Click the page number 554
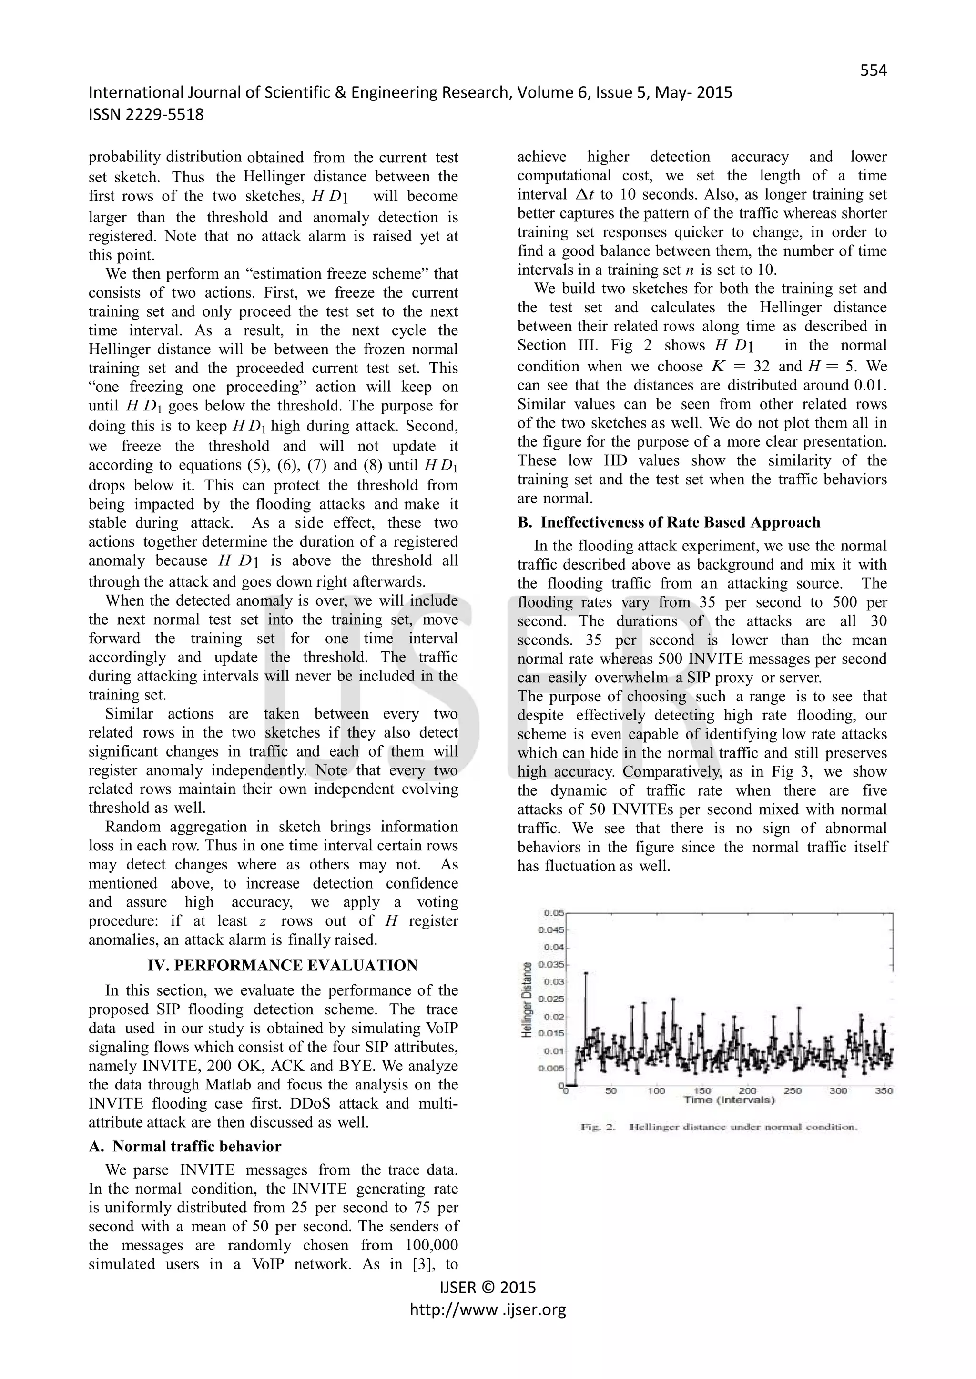[873, 71]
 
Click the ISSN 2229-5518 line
[146, 114]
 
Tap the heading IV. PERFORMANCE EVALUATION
[283, 965]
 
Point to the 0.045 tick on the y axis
[553, 930]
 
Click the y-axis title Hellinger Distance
[527, 999]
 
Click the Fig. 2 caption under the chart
[718, 1128]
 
